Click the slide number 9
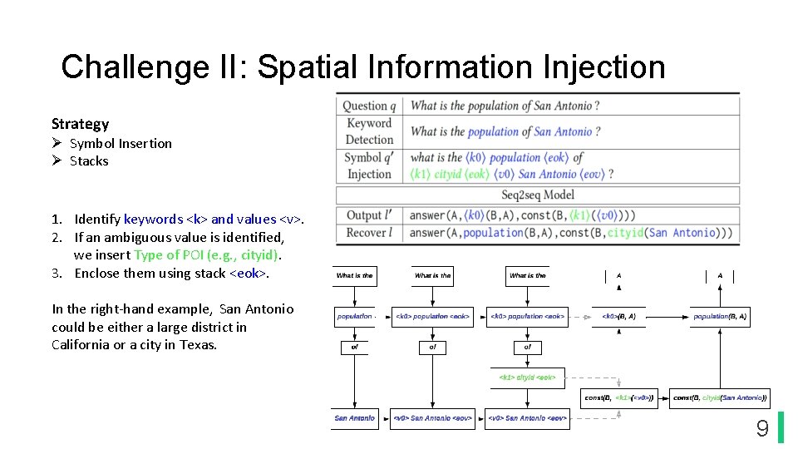click(761, 428)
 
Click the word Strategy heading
click(80, 124)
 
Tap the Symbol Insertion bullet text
click(121, 143)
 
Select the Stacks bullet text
click(89, 160)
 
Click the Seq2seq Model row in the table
click(537, 195)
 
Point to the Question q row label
click(369, 106)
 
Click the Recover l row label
click(370, 233)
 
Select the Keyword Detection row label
click(369, 131)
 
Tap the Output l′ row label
click(369, 215)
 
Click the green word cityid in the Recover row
click(625, 233)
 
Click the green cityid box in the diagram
click(528, 377)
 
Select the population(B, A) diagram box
click(720, 316)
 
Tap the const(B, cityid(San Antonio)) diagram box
click(720, 398)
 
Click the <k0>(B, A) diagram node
click(618, 316)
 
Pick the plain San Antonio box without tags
click(355, 418)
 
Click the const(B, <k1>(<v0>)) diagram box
click(618, 398)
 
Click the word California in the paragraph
click(80, 344)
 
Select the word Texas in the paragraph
click(197, 344)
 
